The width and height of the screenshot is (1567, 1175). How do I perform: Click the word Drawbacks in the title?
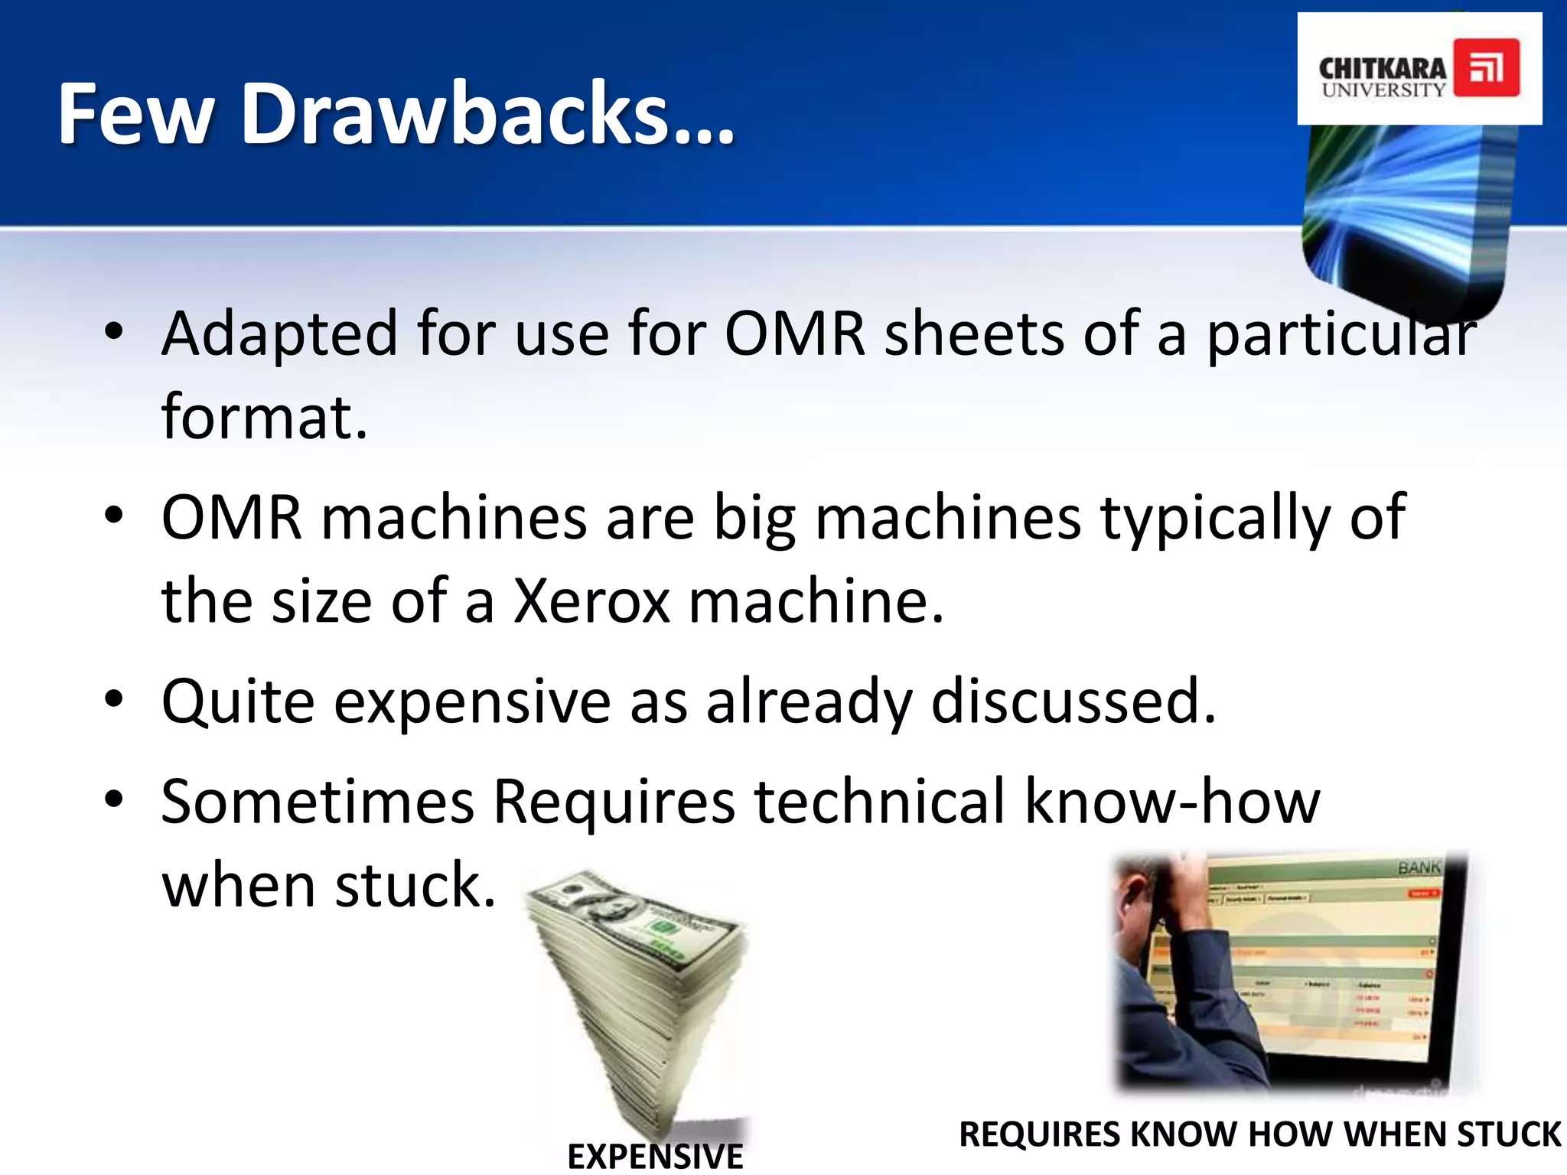(x=488, y=115)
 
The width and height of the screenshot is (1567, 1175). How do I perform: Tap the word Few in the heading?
(x=136, y=115)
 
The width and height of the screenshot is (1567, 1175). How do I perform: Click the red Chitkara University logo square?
(x=1486, y=68)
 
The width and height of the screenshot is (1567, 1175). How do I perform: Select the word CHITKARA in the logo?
(x=1382, y=68)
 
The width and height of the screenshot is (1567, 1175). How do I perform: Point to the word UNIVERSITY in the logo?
(x=1383, y=90)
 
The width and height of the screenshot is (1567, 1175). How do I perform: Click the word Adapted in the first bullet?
(x=280, y=335)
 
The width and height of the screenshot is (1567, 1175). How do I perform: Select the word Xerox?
(x=591, y=601)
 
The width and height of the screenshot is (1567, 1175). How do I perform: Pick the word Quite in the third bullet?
(x=238, y=701)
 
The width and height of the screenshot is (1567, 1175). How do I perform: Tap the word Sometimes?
(x=318, y=802)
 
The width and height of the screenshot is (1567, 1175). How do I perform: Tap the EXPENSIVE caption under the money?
(x=655, y=1156)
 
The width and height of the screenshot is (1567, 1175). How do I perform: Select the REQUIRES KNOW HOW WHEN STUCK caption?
(x=1259, y=1134)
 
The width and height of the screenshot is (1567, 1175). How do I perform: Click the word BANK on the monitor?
(x=1419, y=867)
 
